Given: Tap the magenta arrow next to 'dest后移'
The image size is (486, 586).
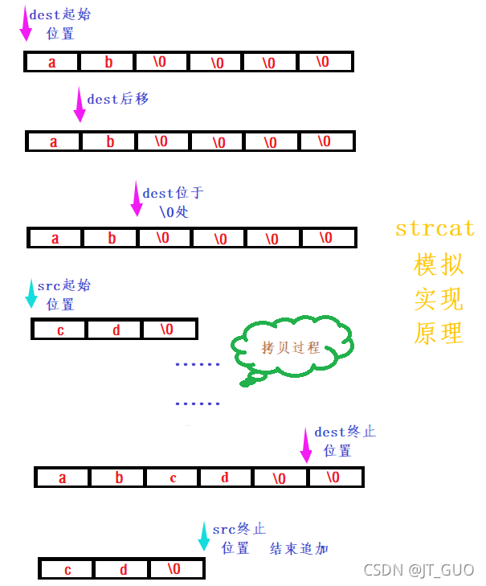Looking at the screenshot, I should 79,104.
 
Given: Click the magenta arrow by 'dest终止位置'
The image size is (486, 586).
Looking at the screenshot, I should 305,445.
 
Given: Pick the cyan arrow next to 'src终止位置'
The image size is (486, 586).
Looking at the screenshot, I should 204,536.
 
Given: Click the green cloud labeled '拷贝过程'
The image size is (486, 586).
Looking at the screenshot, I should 291,348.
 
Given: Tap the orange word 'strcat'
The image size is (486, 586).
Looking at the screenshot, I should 435,228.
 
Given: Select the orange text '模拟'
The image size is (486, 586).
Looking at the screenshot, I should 439,264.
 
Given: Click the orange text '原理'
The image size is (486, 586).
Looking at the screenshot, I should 439,332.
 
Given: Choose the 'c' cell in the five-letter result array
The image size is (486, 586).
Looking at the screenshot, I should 173,477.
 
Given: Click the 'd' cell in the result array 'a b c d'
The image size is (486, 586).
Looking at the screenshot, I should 225,477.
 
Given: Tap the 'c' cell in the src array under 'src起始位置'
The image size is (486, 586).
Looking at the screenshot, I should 60,330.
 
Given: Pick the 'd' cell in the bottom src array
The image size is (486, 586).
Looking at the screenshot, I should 123,569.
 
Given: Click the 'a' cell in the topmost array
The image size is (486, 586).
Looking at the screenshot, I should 52,62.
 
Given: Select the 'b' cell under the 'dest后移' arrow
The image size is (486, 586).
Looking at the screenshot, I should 110,141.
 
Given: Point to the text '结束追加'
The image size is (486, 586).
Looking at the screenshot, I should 299,548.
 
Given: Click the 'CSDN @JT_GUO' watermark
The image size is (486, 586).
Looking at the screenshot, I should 419,570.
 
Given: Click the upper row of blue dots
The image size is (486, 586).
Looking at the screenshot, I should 198,364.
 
